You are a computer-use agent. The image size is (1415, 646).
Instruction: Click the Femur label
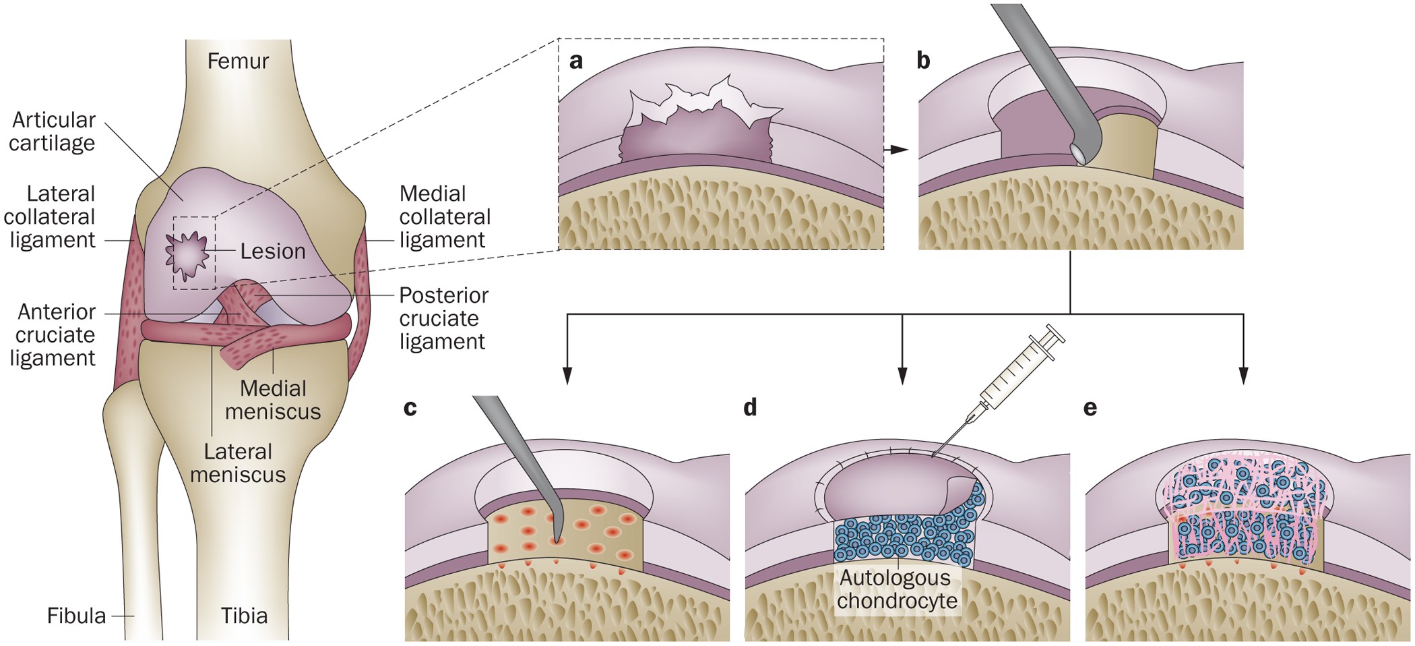238,61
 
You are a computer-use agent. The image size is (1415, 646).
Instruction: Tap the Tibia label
244,616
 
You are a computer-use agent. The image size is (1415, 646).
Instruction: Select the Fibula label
76,616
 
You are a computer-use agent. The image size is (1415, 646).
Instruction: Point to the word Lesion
273,252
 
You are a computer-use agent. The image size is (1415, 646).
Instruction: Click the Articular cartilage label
53,131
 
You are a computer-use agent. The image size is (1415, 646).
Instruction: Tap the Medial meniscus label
273,400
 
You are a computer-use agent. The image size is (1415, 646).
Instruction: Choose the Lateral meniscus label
238,463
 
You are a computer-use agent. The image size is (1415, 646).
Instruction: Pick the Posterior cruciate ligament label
443,318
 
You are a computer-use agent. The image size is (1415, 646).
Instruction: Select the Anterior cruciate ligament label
54,335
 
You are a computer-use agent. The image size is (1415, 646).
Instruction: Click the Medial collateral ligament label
444,217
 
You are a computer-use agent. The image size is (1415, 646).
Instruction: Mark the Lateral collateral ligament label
51,217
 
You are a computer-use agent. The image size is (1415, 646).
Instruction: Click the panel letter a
576,61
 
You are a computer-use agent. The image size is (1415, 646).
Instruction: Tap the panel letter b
923,61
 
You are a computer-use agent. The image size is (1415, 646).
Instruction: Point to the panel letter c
410,409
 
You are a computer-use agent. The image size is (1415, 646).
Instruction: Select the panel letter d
750,408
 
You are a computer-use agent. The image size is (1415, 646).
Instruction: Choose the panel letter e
1090,409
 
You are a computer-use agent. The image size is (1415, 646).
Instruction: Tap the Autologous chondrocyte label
896,589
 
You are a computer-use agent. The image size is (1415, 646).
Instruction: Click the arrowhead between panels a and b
898,149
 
